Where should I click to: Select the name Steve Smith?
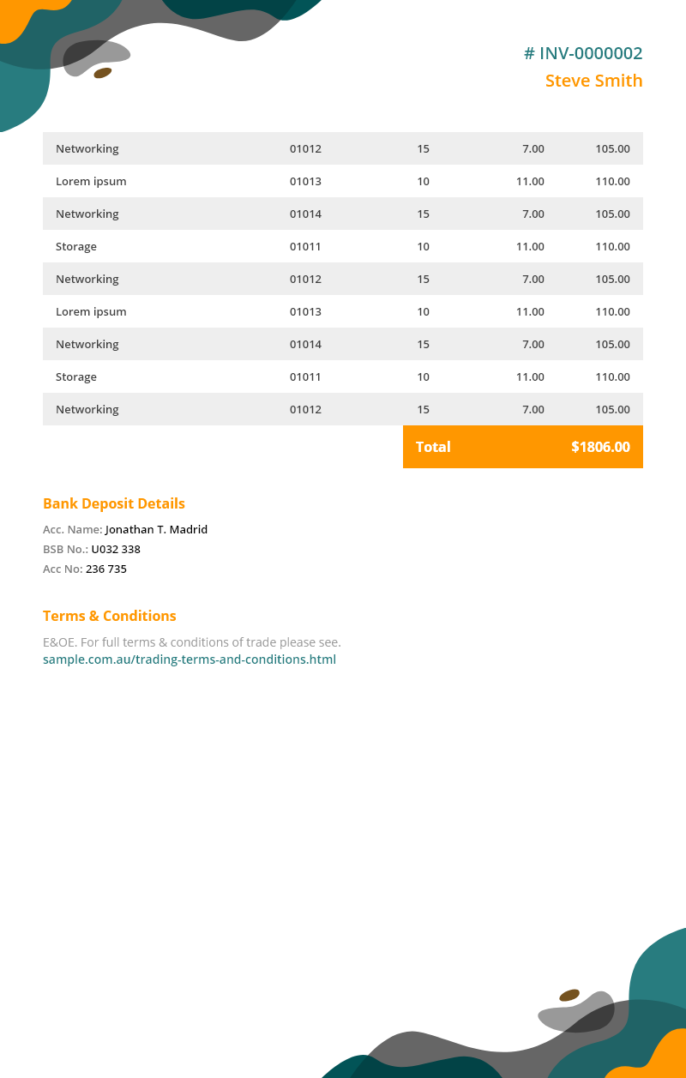(593, 81)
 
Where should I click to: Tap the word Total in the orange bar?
(433, 447)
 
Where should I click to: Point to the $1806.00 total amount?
(600, 447)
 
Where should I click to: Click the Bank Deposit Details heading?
(114, 503)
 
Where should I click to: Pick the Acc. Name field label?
(73, 529)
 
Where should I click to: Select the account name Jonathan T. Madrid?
(156, 529)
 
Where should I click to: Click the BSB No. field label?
(65, 549)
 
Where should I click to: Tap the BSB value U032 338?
(116, 549)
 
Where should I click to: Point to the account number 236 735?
(106, 569)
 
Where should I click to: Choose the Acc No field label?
(63, 569)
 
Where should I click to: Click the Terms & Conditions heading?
(110, 616)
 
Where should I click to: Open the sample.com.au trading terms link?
(190, 659)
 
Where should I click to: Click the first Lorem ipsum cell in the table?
(91, 181)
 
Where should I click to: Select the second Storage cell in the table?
(76, 376)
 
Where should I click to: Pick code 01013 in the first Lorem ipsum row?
(305, 181)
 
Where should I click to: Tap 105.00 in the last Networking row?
(612, 409)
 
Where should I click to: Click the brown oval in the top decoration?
(103, 73)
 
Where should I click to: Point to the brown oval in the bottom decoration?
(569, 996)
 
